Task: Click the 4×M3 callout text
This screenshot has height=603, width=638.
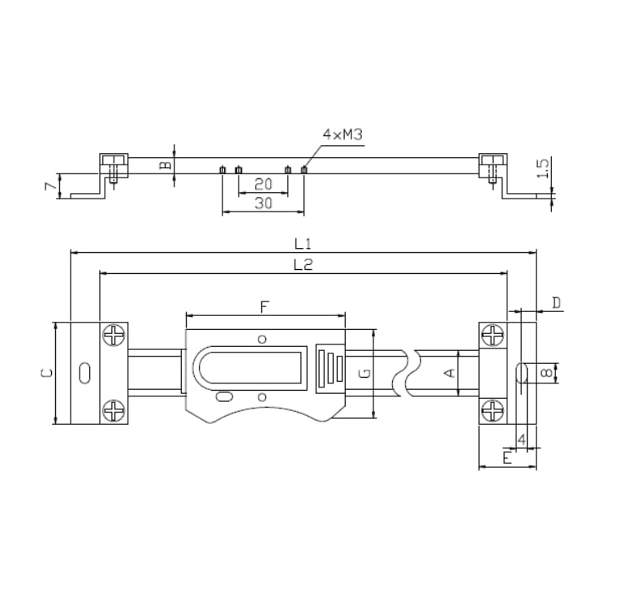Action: coord(342,135)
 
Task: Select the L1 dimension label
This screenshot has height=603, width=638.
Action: coord(304,243)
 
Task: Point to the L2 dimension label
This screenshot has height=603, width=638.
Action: coord(304,264)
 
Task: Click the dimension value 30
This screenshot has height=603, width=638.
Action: coord(263,204)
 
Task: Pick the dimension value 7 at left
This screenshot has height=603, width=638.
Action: coord(49,186)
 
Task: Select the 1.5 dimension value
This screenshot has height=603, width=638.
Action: coord(544,169)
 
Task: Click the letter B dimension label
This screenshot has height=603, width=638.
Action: coord(165,165)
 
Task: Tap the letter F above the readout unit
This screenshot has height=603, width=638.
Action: coord(264,306)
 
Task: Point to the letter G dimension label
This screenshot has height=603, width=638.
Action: coord(365,374)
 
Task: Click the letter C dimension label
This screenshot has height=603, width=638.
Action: coord(47,373)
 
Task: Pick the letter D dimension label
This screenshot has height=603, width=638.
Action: coord(556,303)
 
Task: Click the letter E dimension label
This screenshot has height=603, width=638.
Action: coord(507,459)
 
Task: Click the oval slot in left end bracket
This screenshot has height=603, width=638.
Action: coord(84,373)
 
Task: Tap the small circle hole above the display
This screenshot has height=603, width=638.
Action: coord(261,338)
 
